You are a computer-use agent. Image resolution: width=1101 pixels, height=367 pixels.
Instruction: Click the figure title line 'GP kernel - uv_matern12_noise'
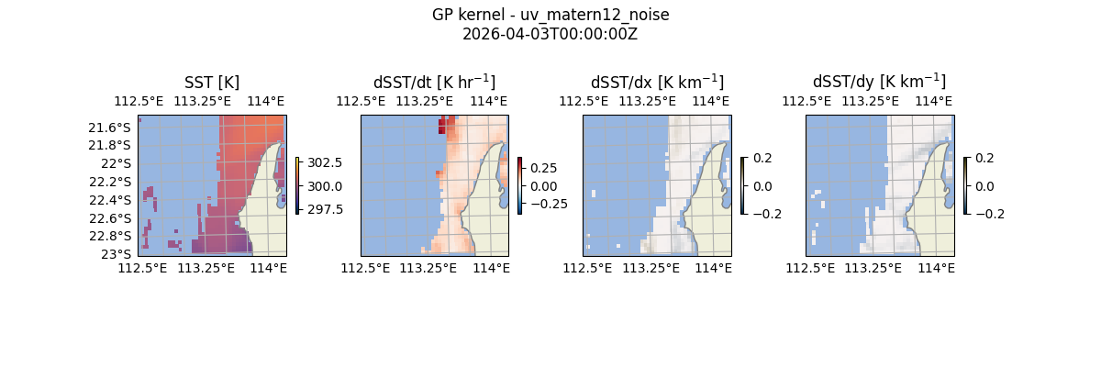pyautogui.click(x=550, y=15)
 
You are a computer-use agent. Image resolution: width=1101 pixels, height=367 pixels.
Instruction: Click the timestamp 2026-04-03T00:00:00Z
pyautogui.click(x=550, y=34)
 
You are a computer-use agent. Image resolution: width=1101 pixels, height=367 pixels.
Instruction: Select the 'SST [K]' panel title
pyautogui.click(x=212, y=82)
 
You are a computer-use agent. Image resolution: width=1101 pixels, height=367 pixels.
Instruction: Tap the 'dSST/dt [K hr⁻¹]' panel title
pyautogui.click(x=434, y=82)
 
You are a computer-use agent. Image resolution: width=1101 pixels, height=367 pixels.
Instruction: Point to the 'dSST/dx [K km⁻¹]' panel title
pyautogui.click(x=657, y=82)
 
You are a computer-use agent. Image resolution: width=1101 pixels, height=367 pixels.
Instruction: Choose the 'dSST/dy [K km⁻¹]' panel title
pyautogui.click(x=879, y=82)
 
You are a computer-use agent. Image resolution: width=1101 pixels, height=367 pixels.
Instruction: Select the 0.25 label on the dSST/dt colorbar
pyautogui.click(x=542, y=168)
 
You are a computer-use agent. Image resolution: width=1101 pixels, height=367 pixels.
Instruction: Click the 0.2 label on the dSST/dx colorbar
pyautogui.click(x=762, y=158)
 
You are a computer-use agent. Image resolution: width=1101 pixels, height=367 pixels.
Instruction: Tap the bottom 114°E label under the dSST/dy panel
pyautogui.click(x=936, y=268)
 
